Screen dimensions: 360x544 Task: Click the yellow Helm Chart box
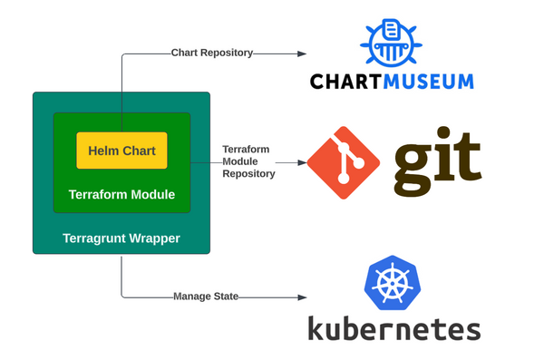121,151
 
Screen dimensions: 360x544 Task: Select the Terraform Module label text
121,194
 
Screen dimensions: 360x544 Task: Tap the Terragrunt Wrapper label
121,238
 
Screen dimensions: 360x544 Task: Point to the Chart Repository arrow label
211,53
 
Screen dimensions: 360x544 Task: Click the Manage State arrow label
205,297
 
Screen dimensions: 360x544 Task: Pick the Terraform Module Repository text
248,161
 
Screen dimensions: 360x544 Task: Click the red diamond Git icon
343,163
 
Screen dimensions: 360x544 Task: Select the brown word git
437,161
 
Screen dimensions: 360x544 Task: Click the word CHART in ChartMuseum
348,82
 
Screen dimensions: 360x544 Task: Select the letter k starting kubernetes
317,328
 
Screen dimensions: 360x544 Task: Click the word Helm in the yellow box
104,151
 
